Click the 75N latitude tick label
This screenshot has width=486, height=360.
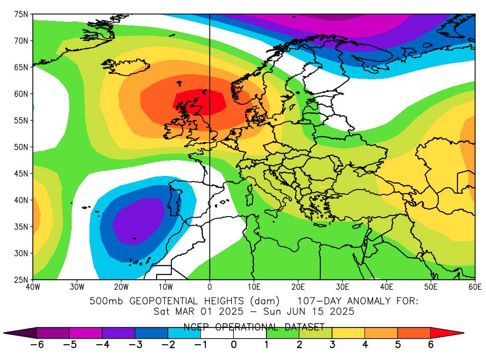point(20,14)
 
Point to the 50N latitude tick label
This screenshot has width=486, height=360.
point(20,147)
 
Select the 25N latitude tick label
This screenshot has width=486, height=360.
point(20,279)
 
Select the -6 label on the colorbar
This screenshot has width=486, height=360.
point(35,344)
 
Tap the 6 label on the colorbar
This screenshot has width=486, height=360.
point(430,344)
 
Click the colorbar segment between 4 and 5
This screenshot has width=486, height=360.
point(381,333)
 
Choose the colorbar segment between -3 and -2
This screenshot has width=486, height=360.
point(151,333)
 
